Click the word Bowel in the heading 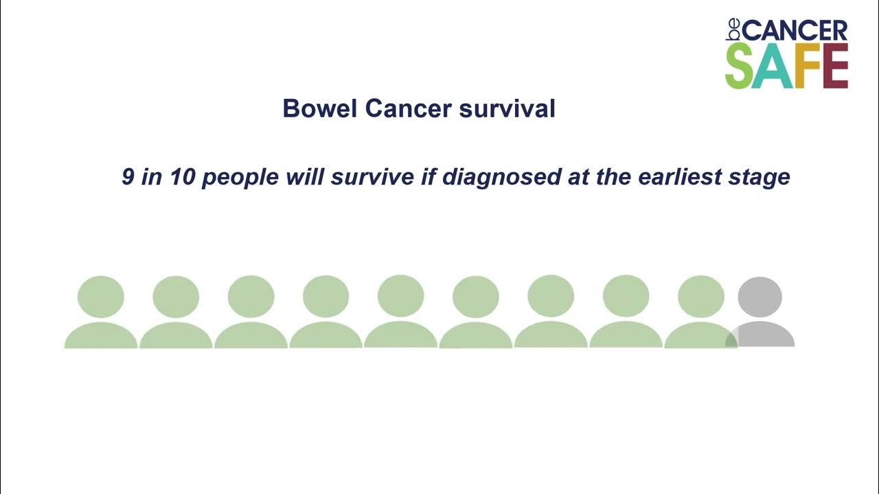point(320,109)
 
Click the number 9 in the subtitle point(128,177)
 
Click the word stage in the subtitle point(760,178)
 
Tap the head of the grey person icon point(760,296)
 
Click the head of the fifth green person point(401,296)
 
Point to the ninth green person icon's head point(700,296)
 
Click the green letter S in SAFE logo point(740,67)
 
